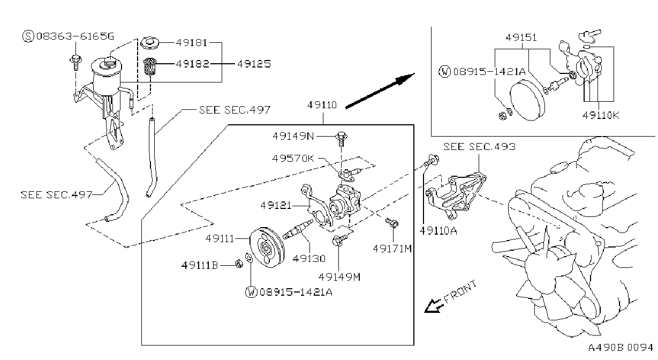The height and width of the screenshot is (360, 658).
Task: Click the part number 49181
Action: point(192,43)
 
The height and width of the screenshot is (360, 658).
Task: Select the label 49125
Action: point(254,64)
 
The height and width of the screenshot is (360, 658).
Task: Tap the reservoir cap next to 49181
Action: point(150,43)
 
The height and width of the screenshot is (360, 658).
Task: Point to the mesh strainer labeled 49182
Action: point(150,66)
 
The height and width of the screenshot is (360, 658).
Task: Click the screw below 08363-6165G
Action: point(75,62)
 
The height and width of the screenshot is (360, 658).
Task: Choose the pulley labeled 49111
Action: point(267,247)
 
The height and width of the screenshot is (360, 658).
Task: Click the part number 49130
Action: point(309,259)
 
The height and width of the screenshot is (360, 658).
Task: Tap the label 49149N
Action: point(293,136)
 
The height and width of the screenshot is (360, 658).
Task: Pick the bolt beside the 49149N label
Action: point(341,139)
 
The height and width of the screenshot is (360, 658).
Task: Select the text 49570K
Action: point(293,159)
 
